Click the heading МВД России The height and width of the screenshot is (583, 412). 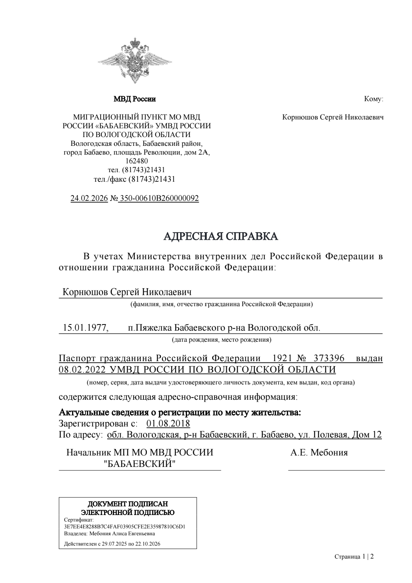(135, 99)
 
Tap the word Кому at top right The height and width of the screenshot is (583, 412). (373, 99)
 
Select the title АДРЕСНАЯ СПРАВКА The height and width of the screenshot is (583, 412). (221, 236)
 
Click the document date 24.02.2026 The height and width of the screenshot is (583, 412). (89, 199)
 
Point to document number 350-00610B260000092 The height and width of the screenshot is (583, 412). (159, 199)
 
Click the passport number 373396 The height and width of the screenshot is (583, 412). (329, 358)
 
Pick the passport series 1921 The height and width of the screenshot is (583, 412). (282, 358)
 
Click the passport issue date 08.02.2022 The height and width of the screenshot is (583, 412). (82, 370)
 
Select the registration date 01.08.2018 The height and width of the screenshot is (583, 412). (168, 424)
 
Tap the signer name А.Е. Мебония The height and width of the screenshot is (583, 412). (319, 453)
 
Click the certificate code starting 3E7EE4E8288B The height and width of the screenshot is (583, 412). (125, 527)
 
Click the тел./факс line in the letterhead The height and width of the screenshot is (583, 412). (134, 179)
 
